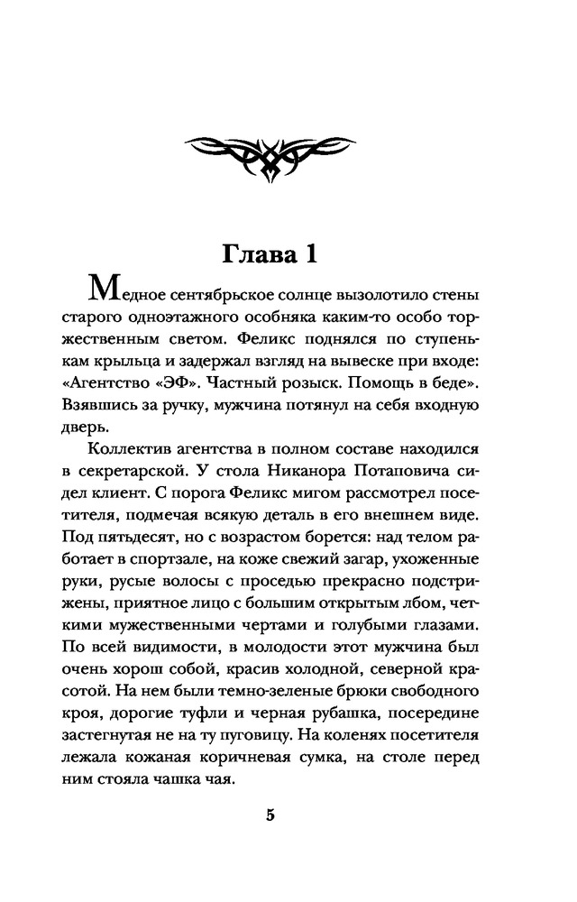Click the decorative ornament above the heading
coord(288,158)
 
